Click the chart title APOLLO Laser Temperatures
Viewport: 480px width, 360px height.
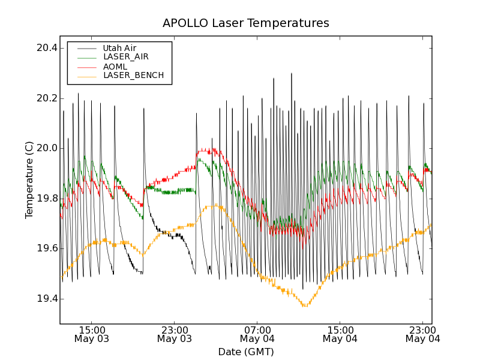click(x=245, y=23)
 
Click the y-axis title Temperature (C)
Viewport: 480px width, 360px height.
click(x=29, y=180)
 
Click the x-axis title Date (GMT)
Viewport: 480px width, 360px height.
click(x=245, y=352)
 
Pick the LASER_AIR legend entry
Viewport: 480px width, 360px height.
click(x=125, y=57)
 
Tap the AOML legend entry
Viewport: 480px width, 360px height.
click(x=115, y=67)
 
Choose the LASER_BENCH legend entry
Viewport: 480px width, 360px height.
click(x=133, y=76)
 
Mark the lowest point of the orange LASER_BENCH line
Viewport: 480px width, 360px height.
click(x=305, y=306)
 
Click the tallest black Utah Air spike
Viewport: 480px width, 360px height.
click(x=292, y=74)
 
